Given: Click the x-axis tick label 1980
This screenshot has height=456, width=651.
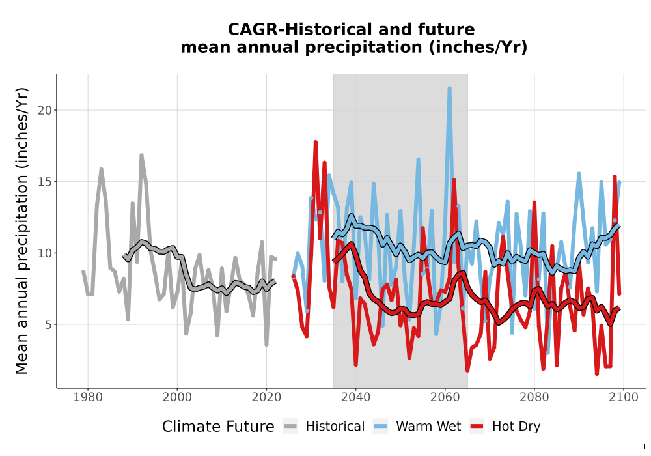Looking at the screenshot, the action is click(x=88, y=397).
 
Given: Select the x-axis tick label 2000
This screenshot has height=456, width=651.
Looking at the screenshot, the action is click(x=177, y=397).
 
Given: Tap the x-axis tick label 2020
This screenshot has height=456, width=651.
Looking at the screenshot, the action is click(x=266, y=397).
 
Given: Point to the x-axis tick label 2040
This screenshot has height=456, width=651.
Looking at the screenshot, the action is click(x=355, y=397).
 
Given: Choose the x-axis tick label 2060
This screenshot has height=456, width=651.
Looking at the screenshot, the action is click(x=445, y=397).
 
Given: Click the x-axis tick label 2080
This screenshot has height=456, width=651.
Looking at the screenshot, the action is click(x=534, y=397).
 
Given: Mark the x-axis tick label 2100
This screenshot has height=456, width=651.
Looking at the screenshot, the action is click(x=624, y=397).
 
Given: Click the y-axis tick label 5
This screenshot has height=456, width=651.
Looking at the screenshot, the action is click(x=49, y=324).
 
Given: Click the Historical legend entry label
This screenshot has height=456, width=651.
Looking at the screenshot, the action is click(x=335, y=427).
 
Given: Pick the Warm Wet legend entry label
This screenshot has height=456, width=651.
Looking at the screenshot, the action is click(x=428, y=427).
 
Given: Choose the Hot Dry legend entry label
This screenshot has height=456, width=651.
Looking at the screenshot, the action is click(x=516, y=427).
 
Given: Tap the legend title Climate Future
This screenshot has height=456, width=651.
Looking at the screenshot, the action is click(x=218, y=427).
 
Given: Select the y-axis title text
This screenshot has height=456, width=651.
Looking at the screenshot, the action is click(x=21, y=231).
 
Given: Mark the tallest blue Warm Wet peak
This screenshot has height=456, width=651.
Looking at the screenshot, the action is click(x=449, y=88).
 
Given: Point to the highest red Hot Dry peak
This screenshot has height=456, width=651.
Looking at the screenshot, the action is click(x=316, y=142).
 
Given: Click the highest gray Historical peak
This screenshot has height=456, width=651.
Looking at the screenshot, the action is click(x=141, y=155).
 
